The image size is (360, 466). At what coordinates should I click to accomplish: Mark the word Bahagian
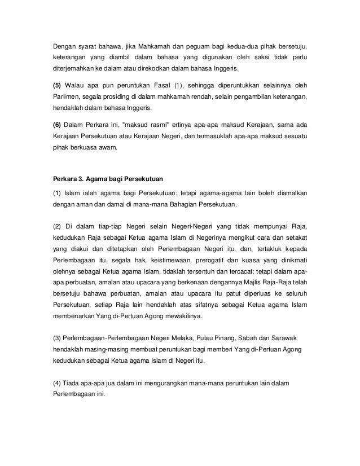(168, 204)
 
